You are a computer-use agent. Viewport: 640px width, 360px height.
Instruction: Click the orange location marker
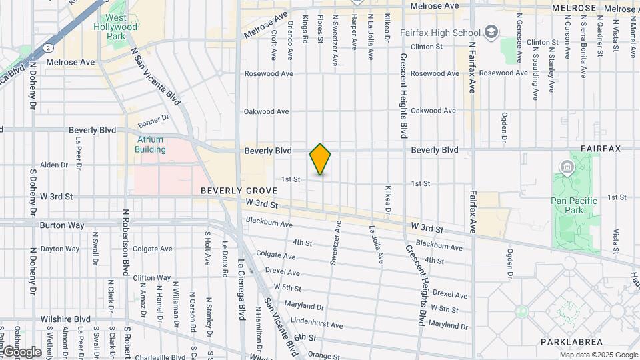pyautogui.click(x=321, y=159)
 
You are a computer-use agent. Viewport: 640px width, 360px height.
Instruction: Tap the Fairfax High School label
pyautogui.click(x=440, y=32)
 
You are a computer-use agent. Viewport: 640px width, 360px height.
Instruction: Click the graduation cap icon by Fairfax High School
pyautogui.click(x=491, y=32)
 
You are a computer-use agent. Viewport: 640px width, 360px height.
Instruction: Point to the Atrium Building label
pyautogui.click(x=151, y=145)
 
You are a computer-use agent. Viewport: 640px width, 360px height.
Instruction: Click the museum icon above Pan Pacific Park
pyautogui.click(x=567, y=167)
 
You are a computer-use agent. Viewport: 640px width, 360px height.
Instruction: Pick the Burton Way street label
pyautogui.click(x=62, y=225)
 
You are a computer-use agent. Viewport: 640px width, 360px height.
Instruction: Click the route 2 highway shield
pyautogui.click(x=49, y=48)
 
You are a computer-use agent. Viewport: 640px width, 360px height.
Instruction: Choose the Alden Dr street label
pyautogui.click(x=54, y=165)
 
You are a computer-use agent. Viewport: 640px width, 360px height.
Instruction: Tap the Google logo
pyautogui.click(x=21, y=351)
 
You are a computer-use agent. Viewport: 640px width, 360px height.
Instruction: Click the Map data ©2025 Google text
pyautogui.click(x=598, y=355)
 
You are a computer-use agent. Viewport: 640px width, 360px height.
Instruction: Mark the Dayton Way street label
pyautogui.click(x=61, y=249)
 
